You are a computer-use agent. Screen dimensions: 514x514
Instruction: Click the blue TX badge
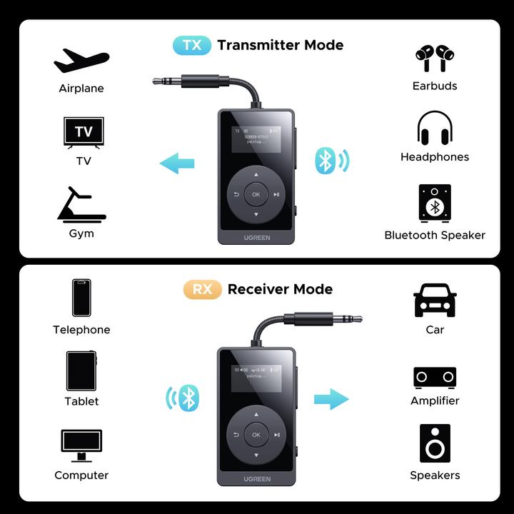coord(192,45)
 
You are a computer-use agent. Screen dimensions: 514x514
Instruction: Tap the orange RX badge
coord(203,289)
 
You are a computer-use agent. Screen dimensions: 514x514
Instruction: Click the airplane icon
coord(81,61)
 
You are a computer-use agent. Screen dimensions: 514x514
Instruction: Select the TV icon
coord(84,133)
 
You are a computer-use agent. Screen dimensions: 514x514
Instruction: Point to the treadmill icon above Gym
coord(81,205)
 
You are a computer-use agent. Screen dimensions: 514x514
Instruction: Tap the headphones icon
coord(435,128)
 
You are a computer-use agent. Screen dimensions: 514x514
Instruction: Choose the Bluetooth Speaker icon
coord(435,203)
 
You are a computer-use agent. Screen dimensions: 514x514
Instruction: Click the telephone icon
coord(81,298)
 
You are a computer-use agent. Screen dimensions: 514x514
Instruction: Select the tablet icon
coord(81,371)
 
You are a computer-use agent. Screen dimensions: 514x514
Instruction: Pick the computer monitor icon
coord(81,445)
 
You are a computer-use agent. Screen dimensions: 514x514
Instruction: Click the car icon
coord(435,300)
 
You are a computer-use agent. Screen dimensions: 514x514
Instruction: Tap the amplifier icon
coord(435,377)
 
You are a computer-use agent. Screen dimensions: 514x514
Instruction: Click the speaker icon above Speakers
coord(435,443)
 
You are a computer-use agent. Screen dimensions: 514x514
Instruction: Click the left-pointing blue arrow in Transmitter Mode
coord(177,163)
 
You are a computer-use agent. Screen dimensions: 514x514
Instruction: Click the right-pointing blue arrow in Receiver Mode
coord(331,399)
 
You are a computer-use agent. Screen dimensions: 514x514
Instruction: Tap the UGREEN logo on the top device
coord(256,237)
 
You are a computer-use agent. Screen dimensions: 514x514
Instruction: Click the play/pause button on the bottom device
coord(277,435)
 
